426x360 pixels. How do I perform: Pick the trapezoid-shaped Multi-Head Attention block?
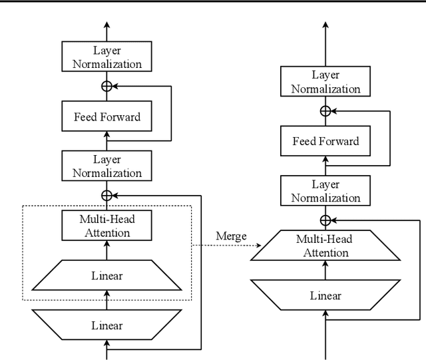tap(325, 246)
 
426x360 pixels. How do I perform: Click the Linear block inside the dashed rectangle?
tap(107, 275)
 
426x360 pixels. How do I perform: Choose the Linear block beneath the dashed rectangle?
tap(107, 325)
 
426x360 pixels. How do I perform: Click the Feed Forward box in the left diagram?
tap(107, 117)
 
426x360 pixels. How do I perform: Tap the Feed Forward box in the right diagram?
tap(325, 141)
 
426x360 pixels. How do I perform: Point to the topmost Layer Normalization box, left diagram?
tap(107, 57)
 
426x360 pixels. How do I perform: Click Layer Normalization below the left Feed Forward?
tap(107, 165)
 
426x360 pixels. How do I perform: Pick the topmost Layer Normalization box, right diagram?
tap(325, 82)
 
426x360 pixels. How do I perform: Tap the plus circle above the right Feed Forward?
tap(325, 111)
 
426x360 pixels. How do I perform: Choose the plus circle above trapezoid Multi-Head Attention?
tap(325, 220)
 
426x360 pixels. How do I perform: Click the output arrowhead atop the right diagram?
tap(325, 25)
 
